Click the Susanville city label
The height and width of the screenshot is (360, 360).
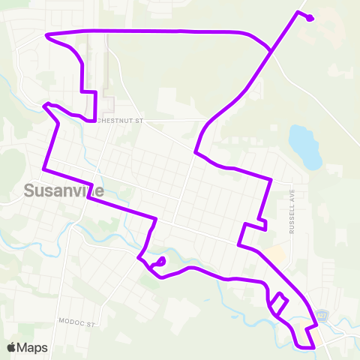64,190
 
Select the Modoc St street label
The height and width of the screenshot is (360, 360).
78,321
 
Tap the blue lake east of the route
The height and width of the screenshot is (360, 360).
304,146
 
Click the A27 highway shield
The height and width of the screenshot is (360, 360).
323,315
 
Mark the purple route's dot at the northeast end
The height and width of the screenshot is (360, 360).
310,19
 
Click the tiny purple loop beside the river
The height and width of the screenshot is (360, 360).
160,262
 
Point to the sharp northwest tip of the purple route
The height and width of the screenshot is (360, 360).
47,35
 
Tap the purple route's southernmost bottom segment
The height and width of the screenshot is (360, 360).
305,347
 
